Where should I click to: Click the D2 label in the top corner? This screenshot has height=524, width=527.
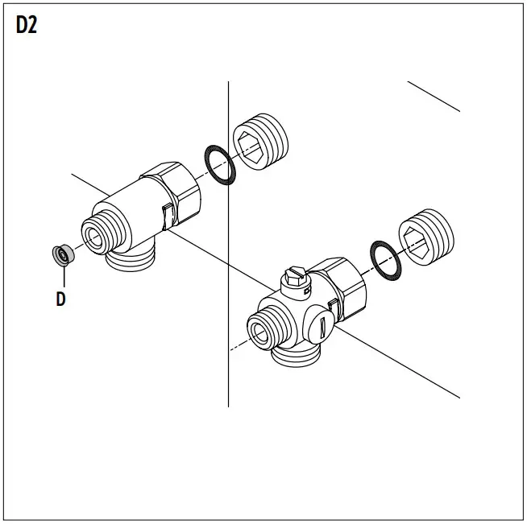pos(26,25)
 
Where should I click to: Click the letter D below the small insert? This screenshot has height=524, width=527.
pos(60,299)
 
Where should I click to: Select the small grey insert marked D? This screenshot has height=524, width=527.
pos(62,254)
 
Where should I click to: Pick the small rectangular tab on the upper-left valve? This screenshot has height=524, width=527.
pos(167,217)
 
